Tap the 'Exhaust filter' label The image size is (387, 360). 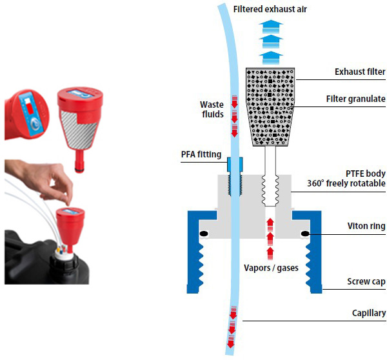(360, 72)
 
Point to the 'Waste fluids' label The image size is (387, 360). (211, 110)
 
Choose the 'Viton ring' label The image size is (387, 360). (365, 226)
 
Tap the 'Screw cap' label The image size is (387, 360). (365, 281)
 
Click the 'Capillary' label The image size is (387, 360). (367, 314)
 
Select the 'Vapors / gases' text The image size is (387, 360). (271, 266)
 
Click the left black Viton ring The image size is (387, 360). (204, 234)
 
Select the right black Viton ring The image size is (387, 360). (304, 234)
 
